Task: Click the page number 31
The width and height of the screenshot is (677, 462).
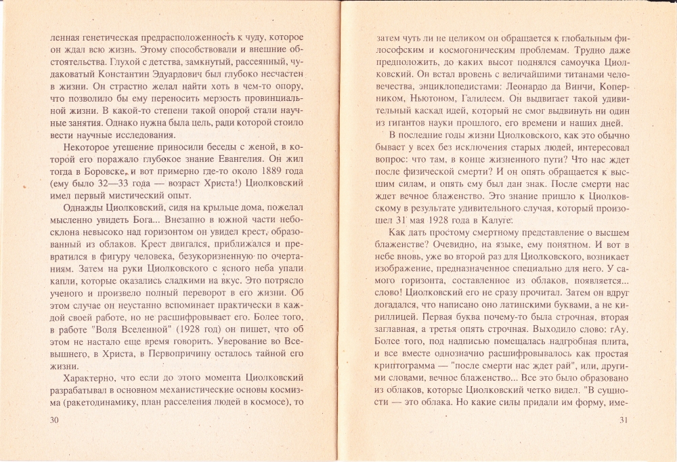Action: pos(624,421)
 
